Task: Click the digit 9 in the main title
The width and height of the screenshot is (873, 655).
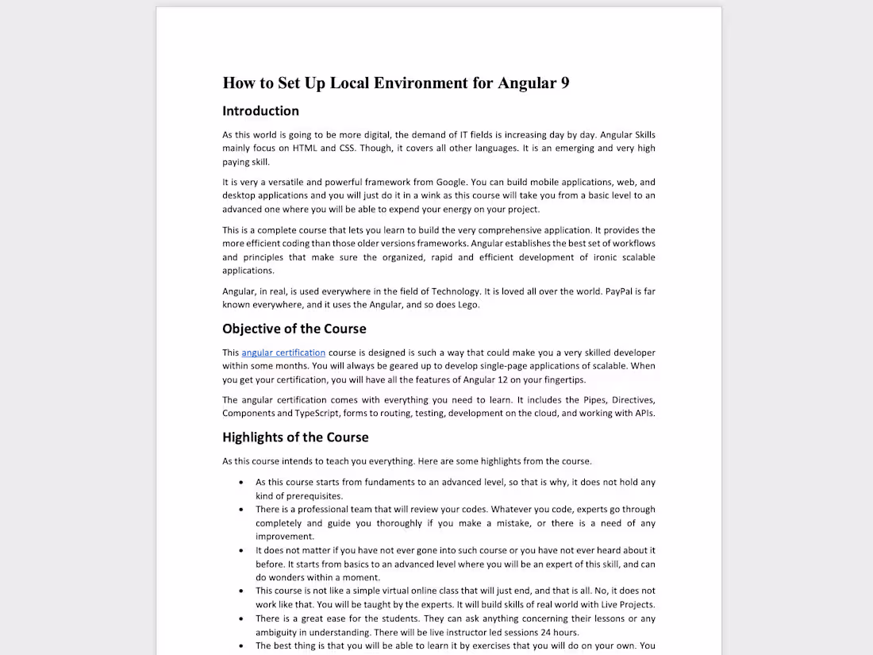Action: click(x=564, y=83)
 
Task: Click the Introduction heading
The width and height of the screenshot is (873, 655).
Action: click(x=260, y=111)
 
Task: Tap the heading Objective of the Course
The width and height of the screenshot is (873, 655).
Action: click(x=294, y=329)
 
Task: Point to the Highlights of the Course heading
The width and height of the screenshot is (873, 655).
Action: click(x=295, y=437)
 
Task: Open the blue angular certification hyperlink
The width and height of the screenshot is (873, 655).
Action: click(x=283, y=353)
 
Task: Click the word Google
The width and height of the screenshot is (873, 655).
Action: click(x=452, y=182)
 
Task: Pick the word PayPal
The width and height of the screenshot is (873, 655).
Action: click(x=624, y=291)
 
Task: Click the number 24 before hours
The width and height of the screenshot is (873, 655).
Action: click(x=546, y=633)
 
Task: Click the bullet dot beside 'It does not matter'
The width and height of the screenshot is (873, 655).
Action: click(x=241, y=550)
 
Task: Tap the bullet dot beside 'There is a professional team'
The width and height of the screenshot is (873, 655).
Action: click(x=241, y=510)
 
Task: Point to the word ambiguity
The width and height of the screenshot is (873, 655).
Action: click(x=279, y=633)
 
